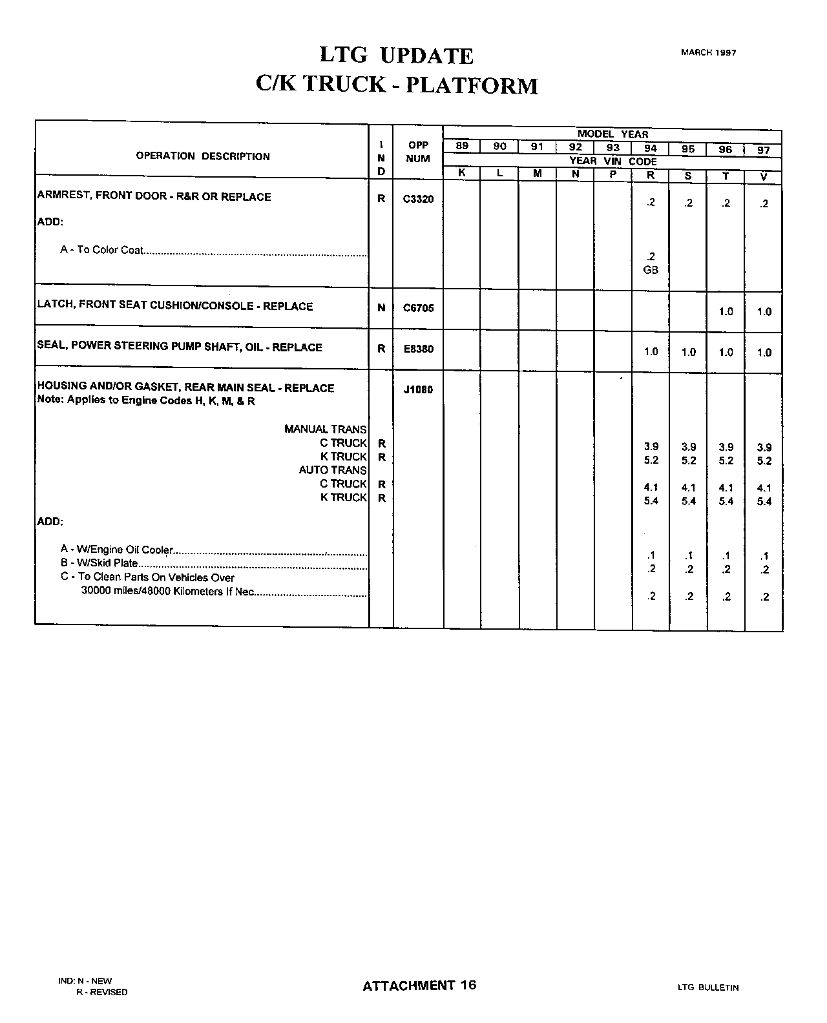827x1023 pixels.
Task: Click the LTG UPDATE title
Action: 397,56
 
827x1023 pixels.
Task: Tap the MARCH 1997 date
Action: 708,52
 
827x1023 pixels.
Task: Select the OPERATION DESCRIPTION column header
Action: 203,156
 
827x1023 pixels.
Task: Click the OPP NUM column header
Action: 418,152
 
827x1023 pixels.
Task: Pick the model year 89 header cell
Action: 462,147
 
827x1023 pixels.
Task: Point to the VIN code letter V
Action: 764,175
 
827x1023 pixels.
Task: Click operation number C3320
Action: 418,200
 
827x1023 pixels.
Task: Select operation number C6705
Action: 418,309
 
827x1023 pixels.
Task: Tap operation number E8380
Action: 418,349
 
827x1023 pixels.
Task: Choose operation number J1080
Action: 418,390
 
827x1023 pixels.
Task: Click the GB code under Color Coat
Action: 651,270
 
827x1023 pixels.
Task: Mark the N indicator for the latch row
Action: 381,309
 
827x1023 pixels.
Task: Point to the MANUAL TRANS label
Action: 325,429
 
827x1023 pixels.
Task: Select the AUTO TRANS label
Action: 332,470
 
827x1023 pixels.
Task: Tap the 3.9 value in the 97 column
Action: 764,447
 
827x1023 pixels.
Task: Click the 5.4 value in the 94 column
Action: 651,501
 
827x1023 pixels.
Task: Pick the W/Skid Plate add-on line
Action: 99,563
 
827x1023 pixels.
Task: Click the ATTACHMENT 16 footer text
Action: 419,985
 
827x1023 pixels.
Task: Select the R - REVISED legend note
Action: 101,992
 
